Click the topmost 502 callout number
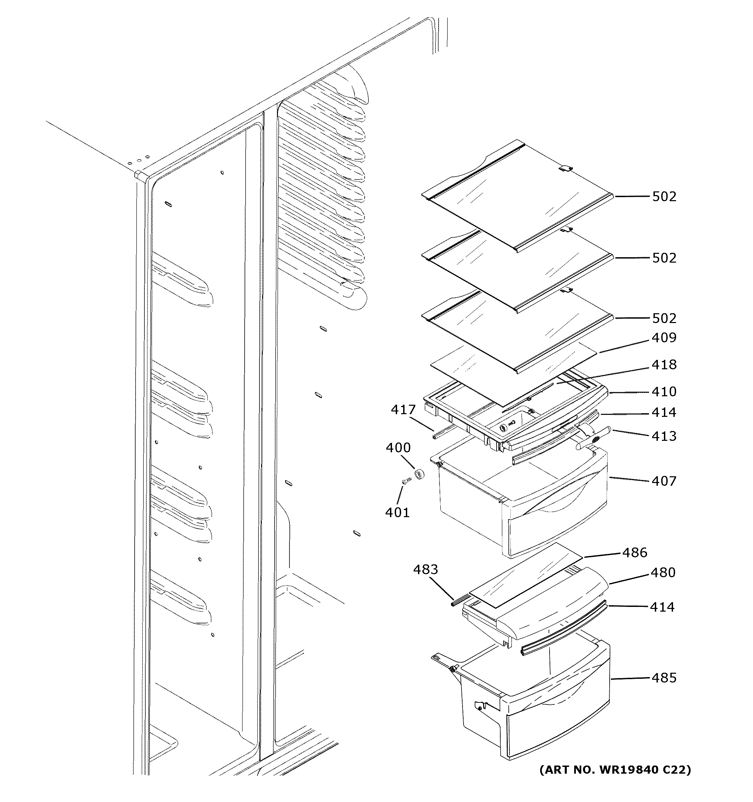[664, 196]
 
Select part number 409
[664, 338]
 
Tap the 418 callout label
[664, 365]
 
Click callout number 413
[664, 436]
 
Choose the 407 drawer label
[664, 481]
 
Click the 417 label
[403, 410]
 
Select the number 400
[398, 448]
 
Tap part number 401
[397, 513]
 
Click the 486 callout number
[635, 553]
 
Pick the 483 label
[425, 570]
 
